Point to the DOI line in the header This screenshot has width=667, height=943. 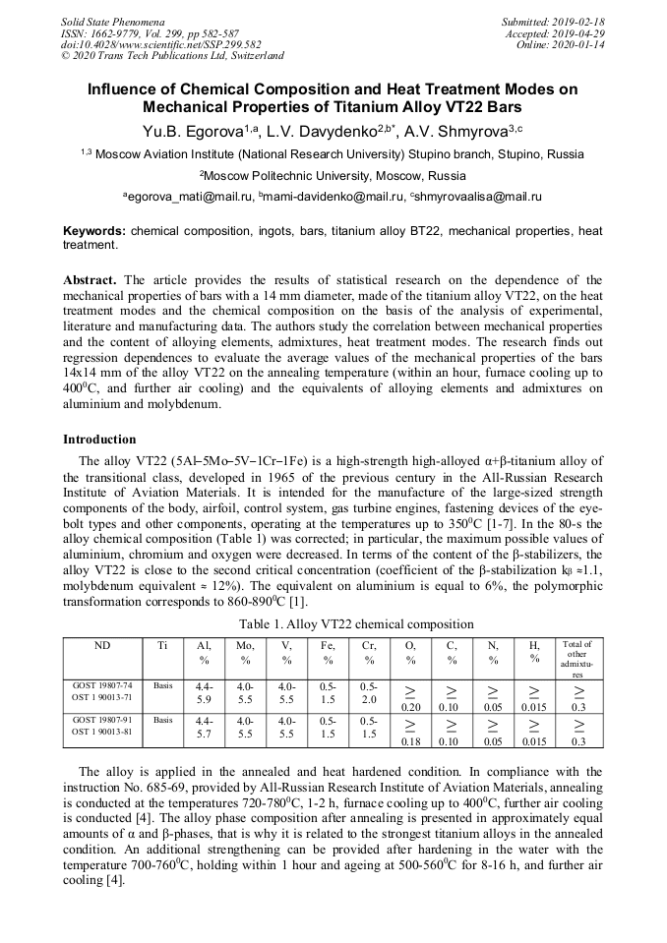pos(162,44)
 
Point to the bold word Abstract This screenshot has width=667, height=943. pos(90,280)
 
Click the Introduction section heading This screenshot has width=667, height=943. pos(99,440)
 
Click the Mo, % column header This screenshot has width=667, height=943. pos(245,653)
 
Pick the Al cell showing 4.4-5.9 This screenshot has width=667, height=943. pos(204,693)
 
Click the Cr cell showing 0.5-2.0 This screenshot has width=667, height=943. pos(369,693)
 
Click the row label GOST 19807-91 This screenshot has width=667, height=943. pos(102,720)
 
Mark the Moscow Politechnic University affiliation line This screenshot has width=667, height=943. pos(333,176)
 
